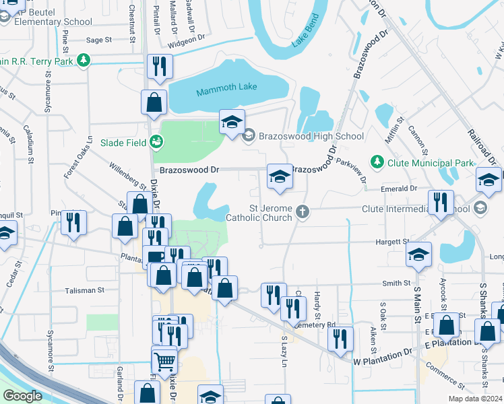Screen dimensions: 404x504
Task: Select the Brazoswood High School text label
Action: (311, 136)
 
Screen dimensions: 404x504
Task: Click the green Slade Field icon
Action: (156, 142)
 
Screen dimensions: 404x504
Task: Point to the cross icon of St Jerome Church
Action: (303, 212)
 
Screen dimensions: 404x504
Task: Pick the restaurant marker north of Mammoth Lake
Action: (160, 66)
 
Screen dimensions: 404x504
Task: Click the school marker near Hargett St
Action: (418, 256)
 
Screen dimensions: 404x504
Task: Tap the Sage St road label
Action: (99, 40)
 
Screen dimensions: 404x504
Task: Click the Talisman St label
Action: (85, 290)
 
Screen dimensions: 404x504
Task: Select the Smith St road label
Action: (397, 283)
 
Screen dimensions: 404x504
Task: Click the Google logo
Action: (22, 397)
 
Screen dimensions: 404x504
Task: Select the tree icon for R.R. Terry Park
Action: (83, 61)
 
